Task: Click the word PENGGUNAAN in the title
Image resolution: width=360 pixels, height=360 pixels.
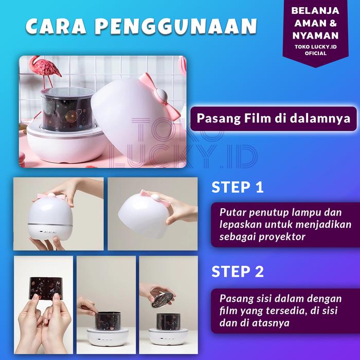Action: tap(176, 26)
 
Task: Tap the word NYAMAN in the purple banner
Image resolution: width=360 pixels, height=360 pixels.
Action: tap(315, 35)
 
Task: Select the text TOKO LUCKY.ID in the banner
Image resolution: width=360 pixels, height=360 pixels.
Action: tap(316, 47)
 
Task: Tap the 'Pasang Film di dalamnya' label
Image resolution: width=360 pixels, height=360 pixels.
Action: tap(274, 119)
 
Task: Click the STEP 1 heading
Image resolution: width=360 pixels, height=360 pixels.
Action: tap(238, 187)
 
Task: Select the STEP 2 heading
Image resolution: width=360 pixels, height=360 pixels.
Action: tap(238, 272)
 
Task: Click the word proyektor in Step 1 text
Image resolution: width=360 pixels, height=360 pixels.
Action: tap(282, 237)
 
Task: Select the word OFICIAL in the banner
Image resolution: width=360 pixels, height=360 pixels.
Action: tap(316, 53)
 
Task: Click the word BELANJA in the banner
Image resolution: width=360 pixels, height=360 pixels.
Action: tap(315, 11)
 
